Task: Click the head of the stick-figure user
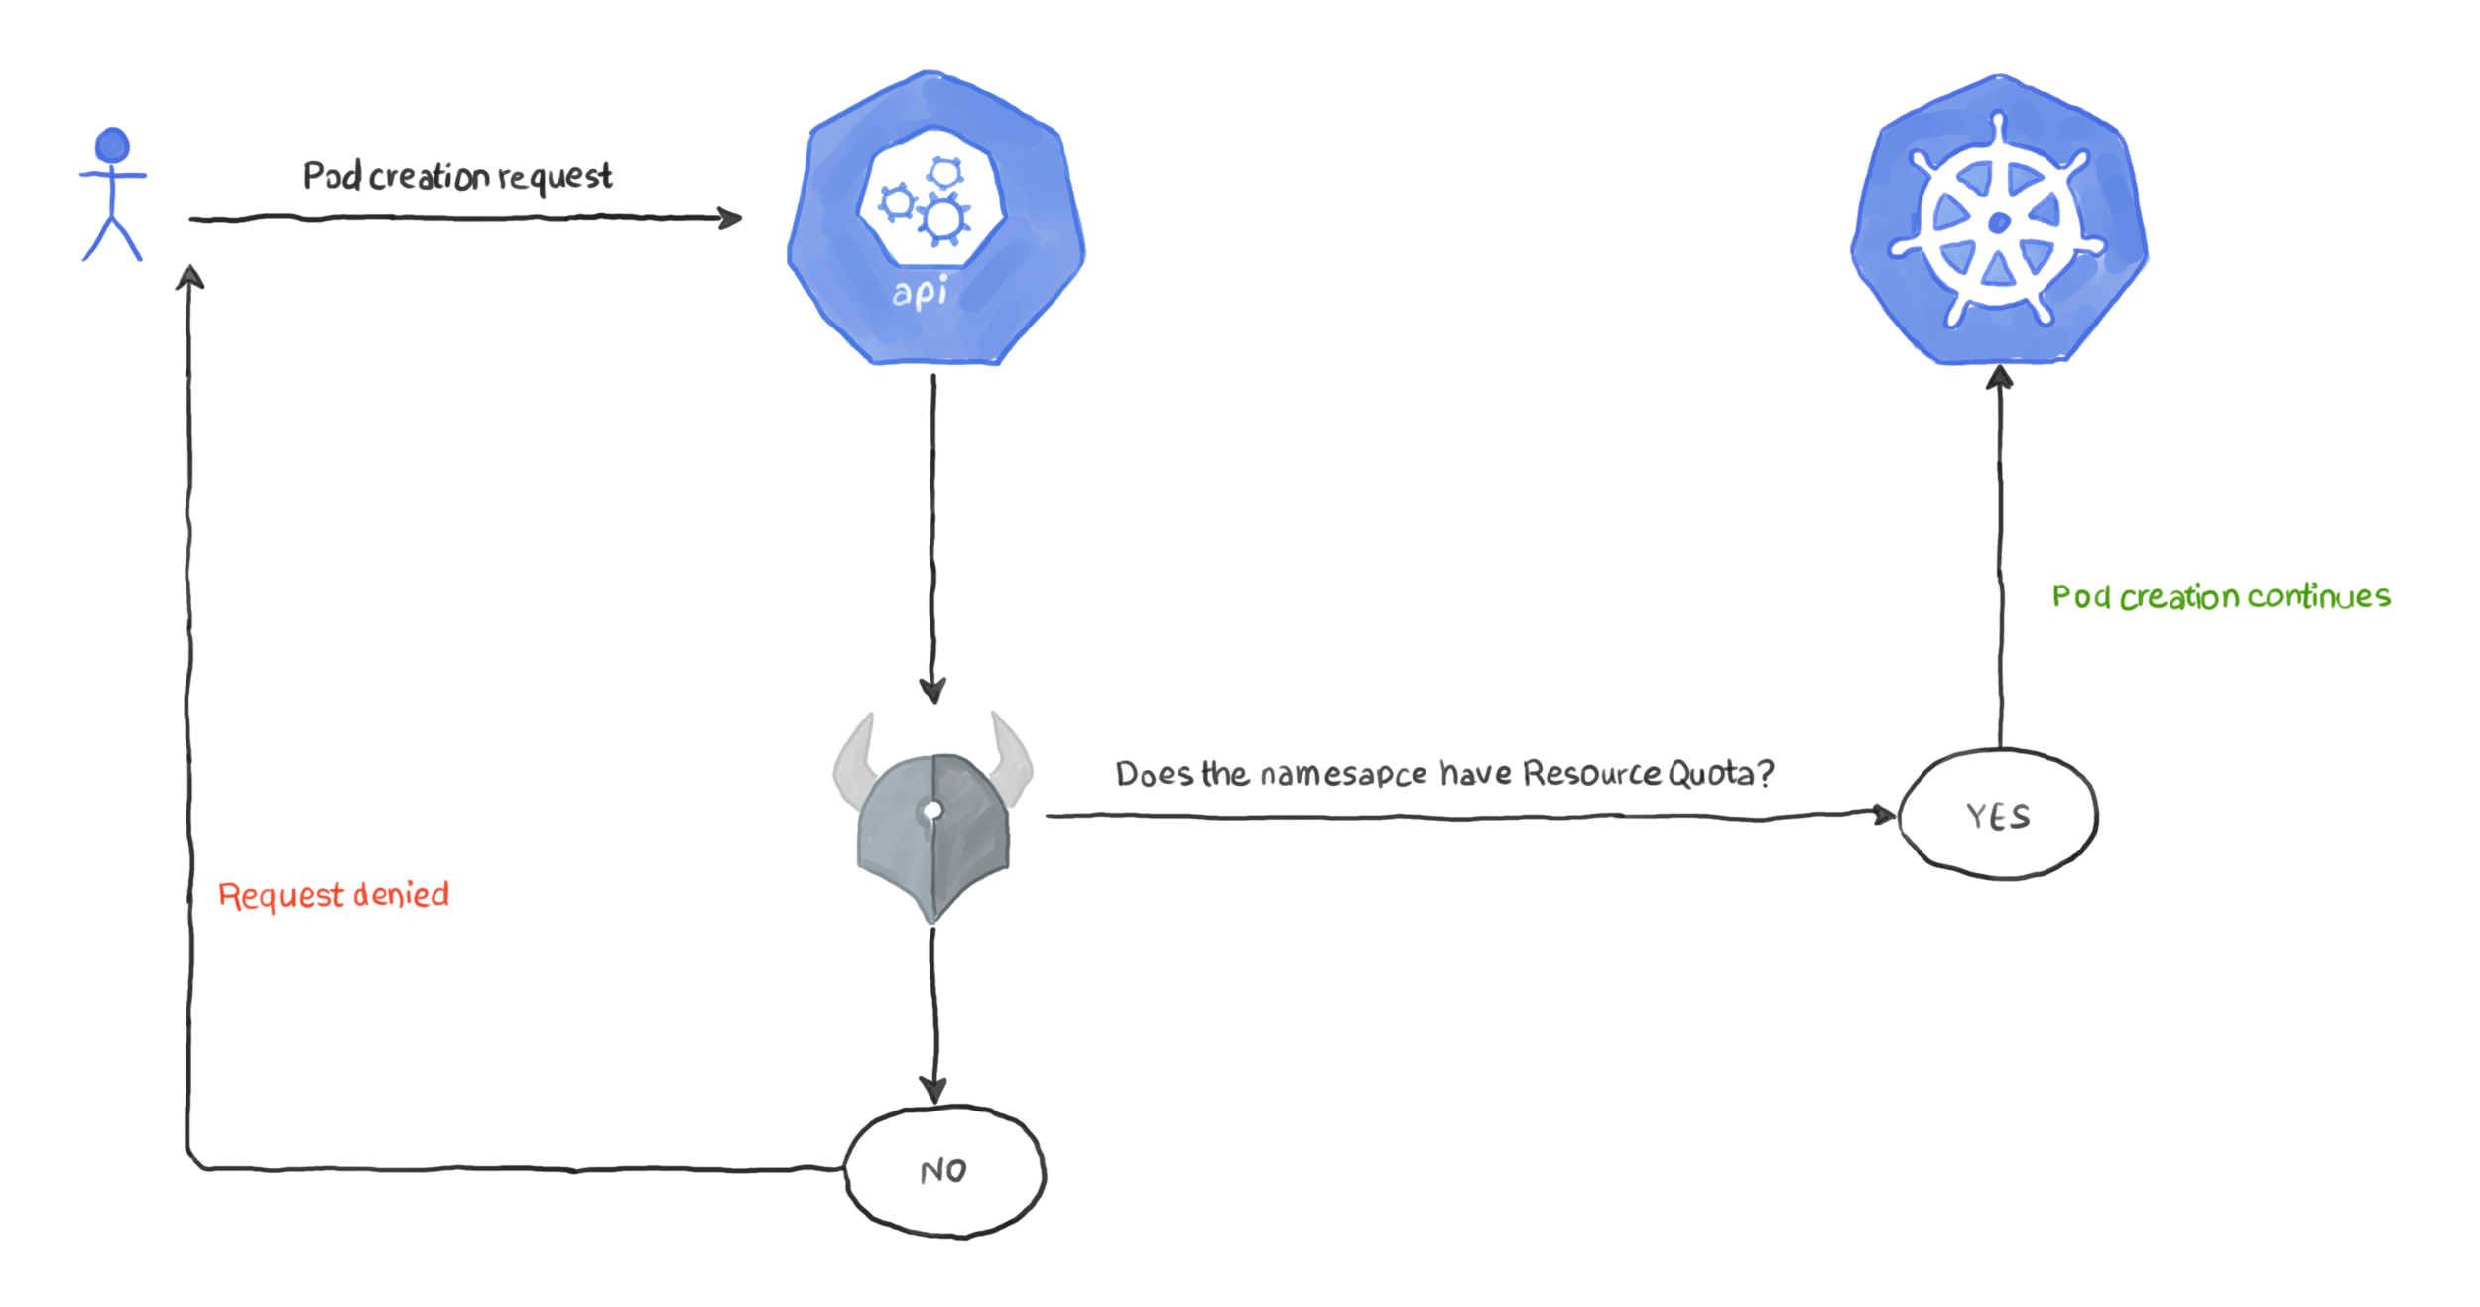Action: [x=112, y=145]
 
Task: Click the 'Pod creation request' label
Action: [x=457, y=177]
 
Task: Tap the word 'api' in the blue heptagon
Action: [x=920, y=293]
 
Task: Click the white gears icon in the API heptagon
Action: [x=930, y=201]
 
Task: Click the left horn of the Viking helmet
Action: [x=855, y=759]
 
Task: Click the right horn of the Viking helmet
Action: [x=1012, y=759]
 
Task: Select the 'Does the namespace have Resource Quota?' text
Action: [x=1444, y=774]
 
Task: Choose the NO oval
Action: [x=944, y=1171]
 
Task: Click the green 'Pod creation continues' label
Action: [x=2221, y=596]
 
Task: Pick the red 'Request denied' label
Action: [x=333, y=895]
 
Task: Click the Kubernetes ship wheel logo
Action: [x=1999, y=220]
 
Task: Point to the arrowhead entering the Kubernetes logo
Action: [x=1999, y=378]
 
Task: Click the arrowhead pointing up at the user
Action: [x=189, y=277]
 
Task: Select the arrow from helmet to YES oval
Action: [x=1468, y=816]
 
